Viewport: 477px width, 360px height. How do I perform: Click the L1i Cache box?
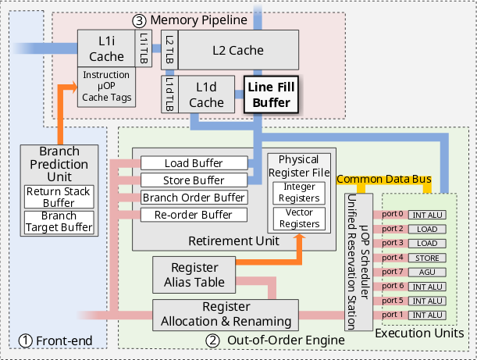106,48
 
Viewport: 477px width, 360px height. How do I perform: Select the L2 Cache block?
237,50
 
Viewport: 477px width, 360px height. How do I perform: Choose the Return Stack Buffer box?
59,197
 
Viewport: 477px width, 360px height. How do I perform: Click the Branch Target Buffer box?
59,222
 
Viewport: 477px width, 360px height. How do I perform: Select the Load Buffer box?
194,164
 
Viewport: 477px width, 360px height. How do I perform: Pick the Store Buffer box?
194,180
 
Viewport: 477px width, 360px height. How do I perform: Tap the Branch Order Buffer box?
194,198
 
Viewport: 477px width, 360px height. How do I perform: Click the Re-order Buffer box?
194,214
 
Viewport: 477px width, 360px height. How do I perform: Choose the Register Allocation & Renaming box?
226,313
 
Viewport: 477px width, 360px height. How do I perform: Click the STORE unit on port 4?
426,257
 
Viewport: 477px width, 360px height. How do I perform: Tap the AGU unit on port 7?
426,271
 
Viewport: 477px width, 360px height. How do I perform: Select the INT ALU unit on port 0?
426,213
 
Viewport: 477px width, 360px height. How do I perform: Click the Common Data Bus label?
383,180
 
